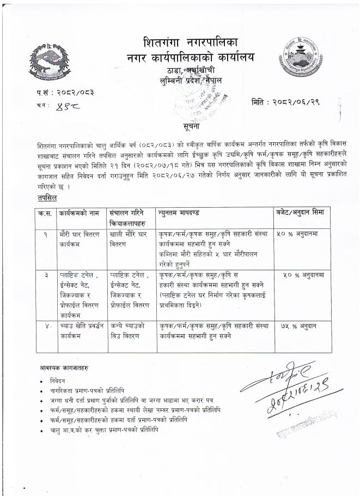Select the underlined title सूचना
[191, 126]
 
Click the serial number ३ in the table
[46, 275]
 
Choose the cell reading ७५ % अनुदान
[299, 325]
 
